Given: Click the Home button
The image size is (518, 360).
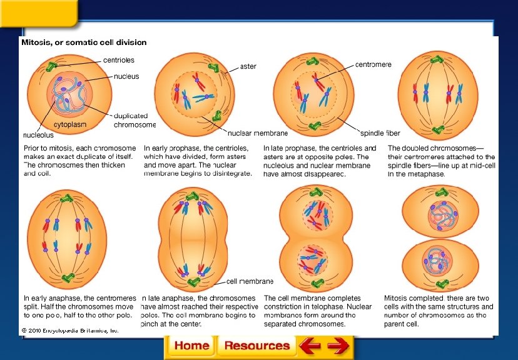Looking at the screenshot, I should tap(191, 346).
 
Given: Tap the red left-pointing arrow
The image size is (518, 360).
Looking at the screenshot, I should tap(310, 346).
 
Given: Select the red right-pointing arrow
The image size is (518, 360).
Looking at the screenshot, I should tap(338, 346).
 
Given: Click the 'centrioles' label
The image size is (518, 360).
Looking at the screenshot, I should tap(119, 60).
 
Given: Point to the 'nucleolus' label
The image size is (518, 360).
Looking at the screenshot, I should tap(38, 134).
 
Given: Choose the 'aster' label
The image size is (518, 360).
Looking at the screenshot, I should tap(248, 66).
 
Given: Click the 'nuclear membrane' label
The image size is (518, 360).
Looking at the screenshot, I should tap(257, 133).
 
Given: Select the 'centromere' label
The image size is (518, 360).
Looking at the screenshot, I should tap(373, 64).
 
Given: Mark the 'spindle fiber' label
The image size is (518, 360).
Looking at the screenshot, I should tap(380, 133).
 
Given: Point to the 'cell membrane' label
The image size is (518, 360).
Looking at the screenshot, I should tap(250, 281).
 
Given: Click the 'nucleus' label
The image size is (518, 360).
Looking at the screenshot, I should tap(126, 76).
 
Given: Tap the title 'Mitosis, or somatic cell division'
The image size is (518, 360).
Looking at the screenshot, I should tap(84, 42).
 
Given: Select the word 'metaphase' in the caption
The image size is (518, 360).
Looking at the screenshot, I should tap(429, 174).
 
